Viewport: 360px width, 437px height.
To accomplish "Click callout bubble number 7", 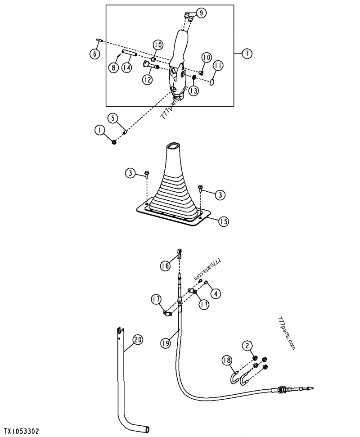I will click(x=247, y=54).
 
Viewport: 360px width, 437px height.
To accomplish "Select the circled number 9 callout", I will click(x=201, y=13).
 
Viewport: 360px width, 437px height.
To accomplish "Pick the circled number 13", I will click(x=193, y=91).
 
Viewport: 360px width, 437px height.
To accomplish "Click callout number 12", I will click(x=147, y=80).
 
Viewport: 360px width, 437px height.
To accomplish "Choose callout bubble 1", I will click(x=99, y=131).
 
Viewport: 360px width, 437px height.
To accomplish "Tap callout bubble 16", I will click(x=165, y=266).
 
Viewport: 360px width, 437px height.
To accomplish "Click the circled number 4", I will click(x=217, y=294).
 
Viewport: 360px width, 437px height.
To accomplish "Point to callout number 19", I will click(x=165, y=343).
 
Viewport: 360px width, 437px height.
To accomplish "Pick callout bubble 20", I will click(x=138, y=340).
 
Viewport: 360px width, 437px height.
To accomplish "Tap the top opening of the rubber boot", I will click(x=175, y=147).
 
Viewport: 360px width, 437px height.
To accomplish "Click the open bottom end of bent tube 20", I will click(x=147, y=430).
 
